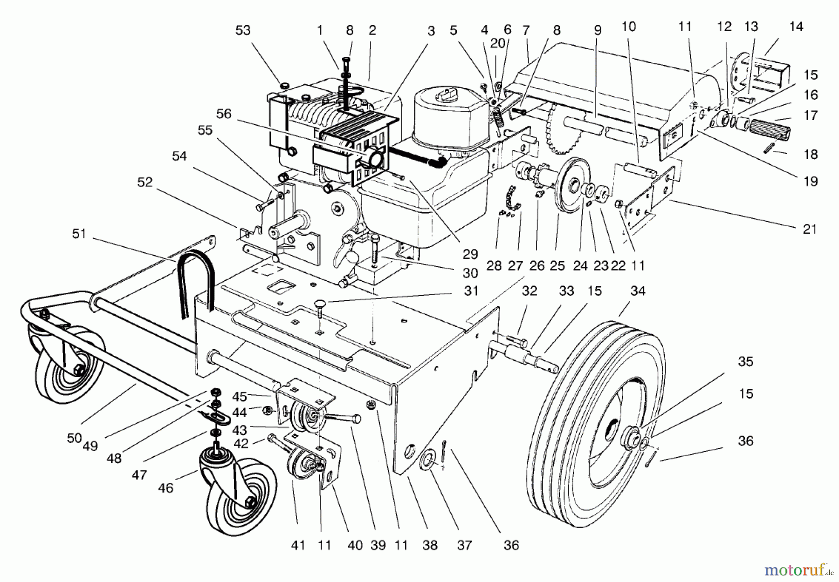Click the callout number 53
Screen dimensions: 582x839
(x=243, y=31)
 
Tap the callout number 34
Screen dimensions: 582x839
(x=638, y=291)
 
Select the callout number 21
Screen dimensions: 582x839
(x=810, y=229)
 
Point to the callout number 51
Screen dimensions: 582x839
(x=79, y=233)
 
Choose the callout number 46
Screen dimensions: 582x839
(x=165, y=488)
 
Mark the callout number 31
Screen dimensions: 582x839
(x=471, y=291)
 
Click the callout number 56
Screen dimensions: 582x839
(x=224, y=114)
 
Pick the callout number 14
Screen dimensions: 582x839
(x=796, y=27)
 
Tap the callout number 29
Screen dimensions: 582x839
(x=470, y=254)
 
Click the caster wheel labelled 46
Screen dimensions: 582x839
(x=233, y=498)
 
